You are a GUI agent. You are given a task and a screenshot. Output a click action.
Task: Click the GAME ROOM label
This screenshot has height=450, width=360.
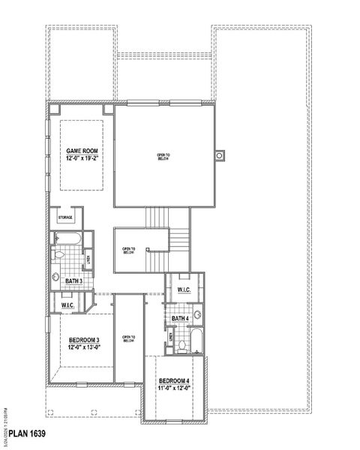click(82, 151)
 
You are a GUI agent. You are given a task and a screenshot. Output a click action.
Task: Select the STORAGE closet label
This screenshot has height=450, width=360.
click(66, 217)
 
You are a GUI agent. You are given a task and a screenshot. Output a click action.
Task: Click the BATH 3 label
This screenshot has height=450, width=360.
click(73, 280)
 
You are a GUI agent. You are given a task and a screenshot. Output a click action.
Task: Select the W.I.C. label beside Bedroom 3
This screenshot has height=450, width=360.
click(67, 305)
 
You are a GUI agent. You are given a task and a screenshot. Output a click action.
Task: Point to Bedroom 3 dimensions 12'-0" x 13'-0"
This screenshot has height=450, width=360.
click(79, 347)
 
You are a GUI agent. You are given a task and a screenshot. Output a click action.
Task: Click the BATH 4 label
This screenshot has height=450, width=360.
click(180, 319)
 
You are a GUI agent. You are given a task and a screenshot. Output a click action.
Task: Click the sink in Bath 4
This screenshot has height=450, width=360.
click(197, 315)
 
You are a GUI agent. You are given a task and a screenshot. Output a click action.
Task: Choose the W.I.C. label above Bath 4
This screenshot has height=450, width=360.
click(184, 290)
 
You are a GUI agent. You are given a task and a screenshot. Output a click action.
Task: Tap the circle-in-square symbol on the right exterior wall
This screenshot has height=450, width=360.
click(220, 155)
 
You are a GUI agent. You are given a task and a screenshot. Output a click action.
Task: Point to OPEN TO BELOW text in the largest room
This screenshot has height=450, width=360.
click(163, 157)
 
